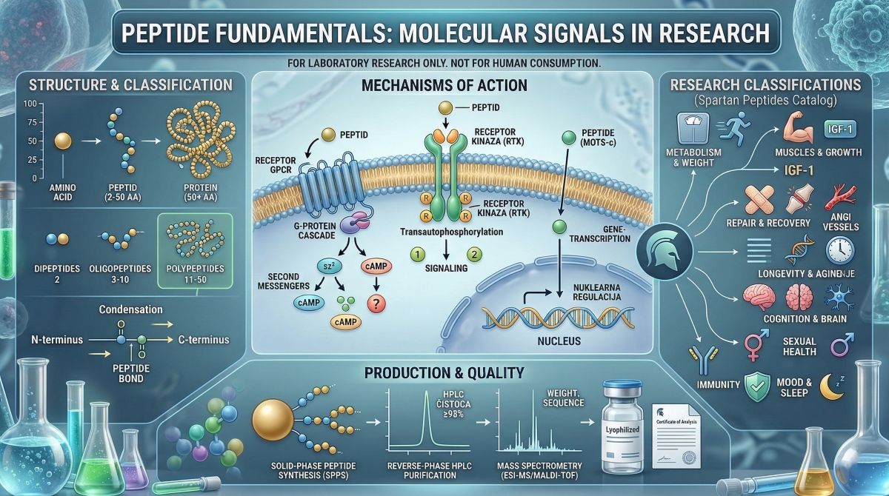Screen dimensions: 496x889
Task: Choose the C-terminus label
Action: pos(202,340)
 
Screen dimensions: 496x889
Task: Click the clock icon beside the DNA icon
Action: pos(839,250)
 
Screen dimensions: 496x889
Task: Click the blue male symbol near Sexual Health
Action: pos(842,344)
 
